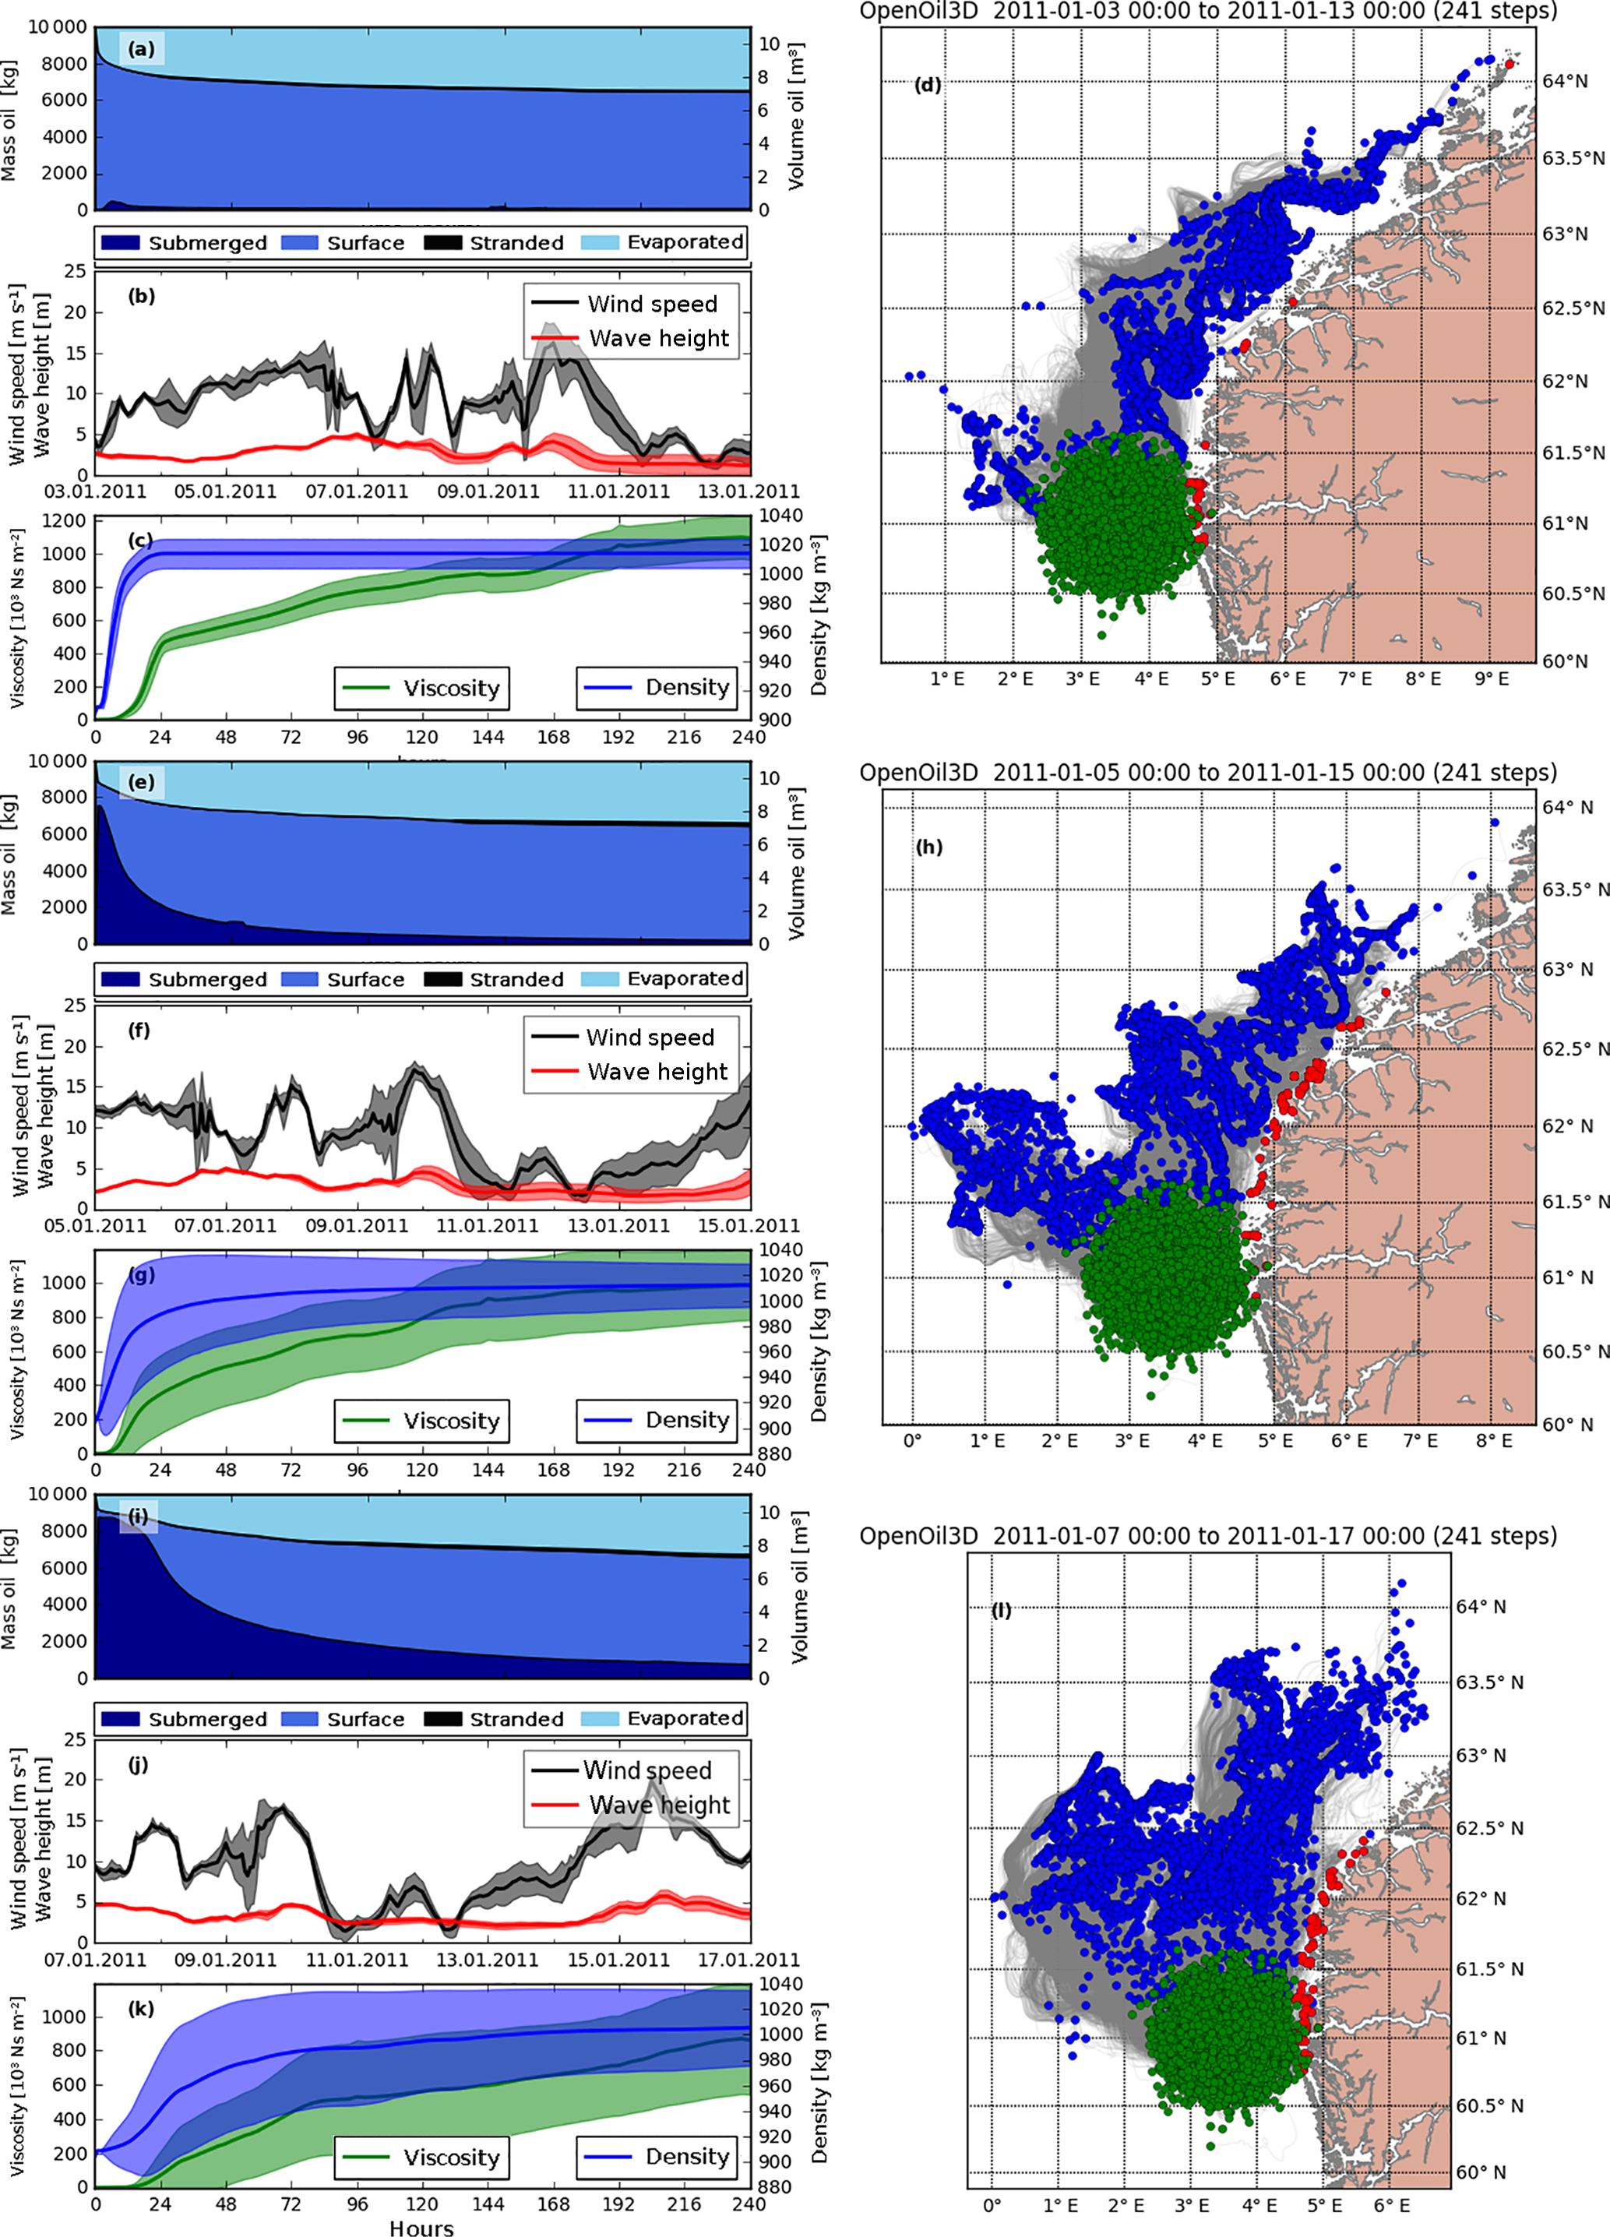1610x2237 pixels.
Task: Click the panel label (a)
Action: (x=142, y=48)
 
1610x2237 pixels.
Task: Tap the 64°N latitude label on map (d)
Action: (x=1565, y=81)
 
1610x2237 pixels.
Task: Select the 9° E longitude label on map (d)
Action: (x=1491, y=678)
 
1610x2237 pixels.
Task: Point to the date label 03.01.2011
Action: (x=96, y=491)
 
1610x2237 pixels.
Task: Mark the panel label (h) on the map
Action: (x=929, y=846)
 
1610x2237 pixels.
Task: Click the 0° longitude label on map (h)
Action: (x=913, y=1440)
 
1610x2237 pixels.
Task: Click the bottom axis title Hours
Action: (x=421, y=2228)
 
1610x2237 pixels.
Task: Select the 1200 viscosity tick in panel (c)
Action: (x=63, y=520)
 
